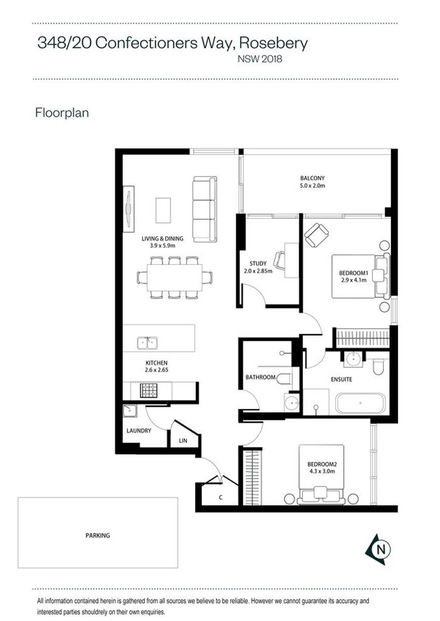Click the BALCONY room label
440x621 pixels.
(x=312, y=178)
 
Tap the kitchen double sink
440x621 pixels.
(x=147, y=343)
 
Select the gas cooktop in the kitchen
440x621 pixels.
(x=149, y=390)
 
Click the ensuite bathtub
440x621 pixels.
(x=360, y=403)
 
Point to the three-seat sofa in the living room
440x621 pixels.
(x=205, y=210)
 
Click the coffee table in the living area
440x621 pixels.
(x=163, y=210)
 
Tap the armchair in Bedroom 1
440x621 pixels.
(x=317, y=235)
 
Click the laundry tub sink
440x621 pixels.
(x=130, y=411)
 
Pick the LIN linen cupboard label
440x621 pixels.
(x=183, y=440)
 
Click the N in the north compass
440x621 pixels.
(x=381, y=549)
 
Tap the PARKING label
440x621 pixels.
(x=98, y=536)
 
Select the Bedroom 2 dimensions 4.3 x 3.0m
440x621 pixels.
(x=321, y=471)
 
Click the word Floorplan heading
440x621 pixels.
(x=62, y=113)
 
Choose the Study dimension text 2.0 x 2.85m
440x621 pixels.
(x=258, y=271)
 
